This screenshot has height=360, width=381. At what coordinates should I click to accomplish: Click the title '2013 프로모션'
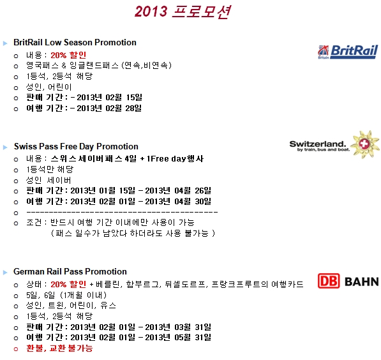coord(183,11)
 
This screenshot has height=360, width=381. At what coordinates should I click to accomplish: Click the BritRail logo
coord(348,52)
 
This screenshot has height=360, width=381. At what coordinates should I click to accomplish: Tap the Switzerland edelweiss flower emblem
coord(365,144)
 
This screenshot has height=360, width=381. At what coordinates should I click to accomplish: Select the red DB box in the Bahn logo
coord(329,281)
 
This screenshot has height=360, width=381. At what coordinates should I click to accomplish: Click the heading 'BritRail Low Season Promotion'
coord(75,42)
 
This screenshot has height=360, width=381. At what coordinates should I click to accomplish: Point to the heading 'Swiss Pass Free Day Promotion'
coord(76,146)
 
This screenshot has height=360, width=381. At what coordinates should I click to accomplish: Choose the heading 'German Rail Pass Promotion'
coord(70,271)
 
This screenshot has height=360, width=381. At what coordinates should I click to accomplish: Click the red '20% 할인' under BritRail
coord(68,55)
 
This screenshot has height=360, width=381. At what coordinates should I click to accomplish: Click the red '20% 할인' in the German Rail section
coord(68,284)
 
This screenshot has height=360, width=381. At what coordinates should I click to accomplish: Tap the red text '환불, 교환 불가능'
coord(59,348)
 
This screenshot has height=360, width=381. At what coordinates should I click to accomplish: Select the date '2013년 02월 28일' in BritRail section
coord(109,108)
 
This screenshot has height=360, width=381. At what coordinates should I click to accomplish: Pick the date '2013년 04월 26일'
coord(178,191)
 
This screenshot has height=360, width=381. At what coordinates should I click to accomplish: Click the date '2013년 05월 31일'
coord(178,338)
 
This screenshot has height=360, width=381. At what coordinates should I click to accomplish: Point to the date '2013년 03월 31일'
coord(178,327)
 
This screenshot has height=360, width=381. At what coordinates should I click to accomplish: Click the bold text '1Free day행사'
coord(176,159)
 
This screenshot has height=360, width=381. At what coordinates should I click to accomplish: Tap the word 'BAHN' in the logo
coord(362,281)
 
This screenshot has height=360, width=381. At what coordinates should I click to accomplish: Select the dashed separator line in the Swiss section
coord(122,213)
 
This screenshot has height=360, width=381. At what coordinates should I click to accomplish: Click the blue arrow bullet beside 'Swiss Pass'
coord(5,147)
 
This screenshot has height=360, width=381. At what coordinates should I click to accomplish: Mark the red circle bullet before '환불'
coord(16,349)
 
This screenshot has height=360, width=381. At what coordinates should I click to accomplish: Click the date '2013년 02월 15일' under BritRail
coord(109,98)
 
